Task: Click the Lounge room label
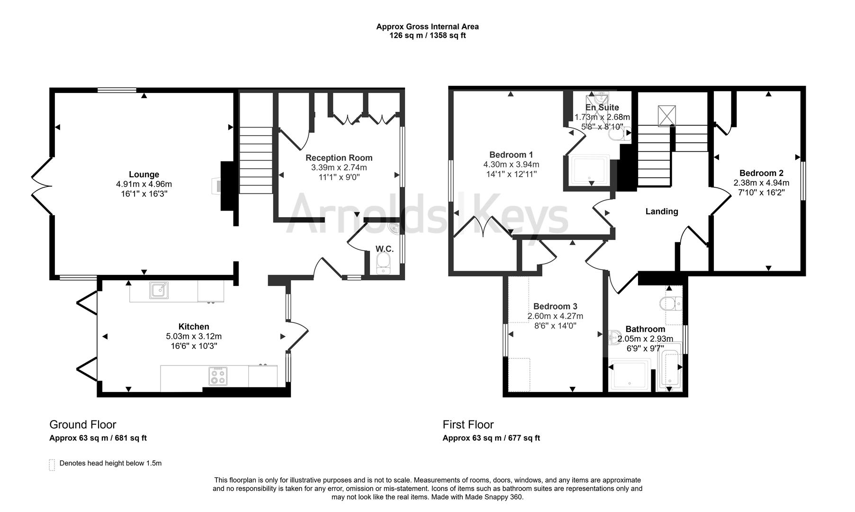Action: (144, 174)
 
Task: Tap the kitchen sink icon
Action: (159, 290)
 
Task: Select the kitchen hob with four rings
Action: (218, 376)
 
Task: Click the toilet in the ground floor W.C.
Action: (382, 263)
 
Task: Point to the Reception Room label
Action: (339, 158)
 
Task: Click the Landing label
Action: (662, 211)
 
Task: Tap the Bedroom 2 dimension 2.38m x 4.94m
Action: (761, 183)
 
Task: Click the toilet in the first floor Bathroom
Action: (672, 303)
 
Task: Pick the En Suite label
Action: (602, 108)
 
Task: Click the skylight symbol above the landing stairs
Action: (666, 116)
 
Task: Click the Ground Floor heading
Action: (83, 425)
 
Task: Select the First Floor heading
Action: (468, 425)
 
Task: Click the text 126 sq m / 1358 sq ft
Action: (427, 36)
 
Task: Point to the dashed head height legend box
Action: (52, 464)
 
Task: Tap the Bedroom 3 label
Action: (555, 306)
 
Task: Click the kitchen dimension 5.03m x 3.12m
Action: (194, 337)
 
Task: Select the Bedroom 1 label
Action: (511, 155)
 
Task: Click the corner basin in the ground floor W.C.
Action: (394, 229)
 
